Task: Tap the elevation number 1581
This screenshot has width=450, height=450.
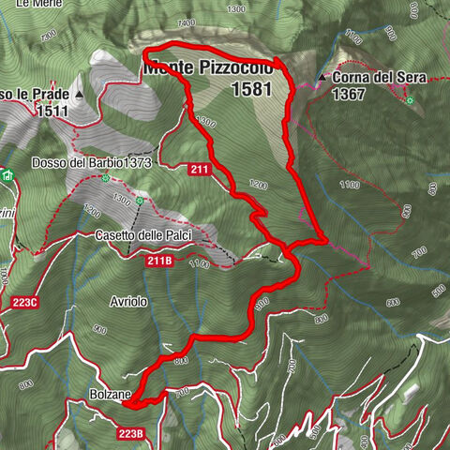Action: click(x=249, y=90)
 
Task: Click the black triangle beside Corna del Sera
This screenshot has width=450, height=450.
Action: click(x=322, y=77)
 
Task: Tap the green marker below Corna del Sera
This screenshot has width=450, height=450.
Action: click(x=410, y=98)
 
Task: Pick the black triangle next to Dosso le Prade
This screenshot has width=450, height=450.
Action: click(x=80, y=95)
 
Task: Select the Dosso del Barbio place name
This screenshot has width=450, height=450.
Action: click(x=69, y=163)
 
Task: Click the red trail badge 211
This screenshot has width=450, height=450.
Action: click(x=198, y=169)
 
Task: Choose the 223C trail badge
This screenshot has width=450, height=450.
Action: click(x=25, y=302)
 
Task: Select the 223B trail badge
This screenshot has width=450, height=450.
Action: click(x=131, y=433)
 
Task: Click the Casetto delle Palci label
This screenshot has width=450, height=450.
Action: click(x=140, y=234)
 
